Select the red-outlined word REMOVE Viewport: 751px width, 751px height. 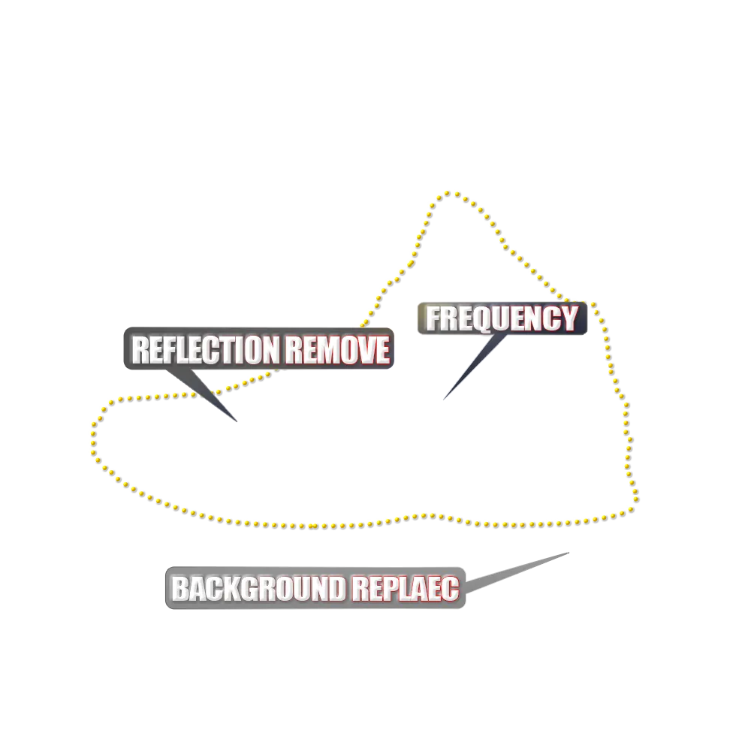[x=337, y=350]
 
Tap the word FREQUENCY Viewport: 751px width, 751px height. [x=502, y=319]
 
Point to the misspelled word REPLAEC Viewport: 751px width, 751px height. [x=406, y=589]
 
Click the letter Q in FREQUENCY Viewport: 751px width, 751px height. [x=494, y=320]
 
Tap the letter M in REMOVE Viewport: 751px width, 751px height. [x=321, y=350]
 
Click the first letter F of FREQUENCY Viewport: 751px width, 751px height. [x=433, y=319]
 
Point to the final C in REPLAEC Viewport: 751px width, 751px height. [x=450, y=589]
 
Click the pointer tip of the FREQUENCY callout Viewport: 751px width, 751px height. [x=444, y=398]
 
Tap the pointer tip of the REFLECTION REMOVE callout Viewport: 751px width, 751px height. [x=238, y=424]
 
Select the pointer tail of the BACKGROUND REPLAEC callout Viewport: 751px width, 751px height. [x=566, y=550]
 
